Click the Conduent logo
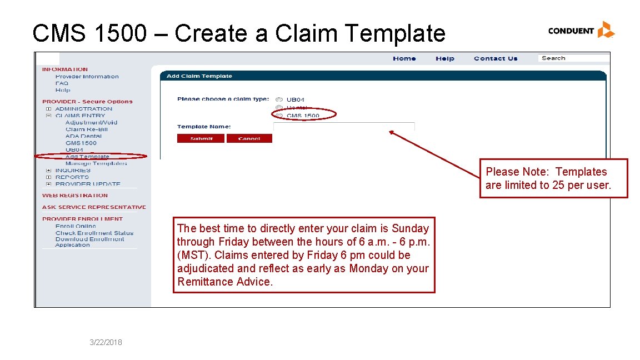coord(581,30)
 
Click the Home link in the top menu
coord(404,58)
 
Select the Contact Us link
coord(495,58)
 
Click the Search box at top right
coord(572,58)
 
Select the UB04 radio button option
coord(279,100)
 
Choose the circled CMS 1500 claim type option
coord(279,116)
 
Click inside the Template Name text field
coord(344,127)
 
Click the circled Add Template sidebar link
coord(87,157)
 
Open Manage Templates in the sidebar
coord(96,163)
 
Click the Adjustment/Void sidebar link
coord(91,122)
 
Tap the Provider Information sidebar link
coord(87,77)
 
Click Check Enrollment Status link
coord(94,233)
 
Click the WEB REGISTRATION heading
coord(75,196)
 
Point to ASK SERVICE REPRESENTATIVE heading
coord(94,207)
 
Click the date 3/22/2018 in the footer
coord(106,342)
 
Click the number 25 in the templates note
coord(558,186)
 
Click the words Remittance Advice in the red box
coord(225,282)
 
